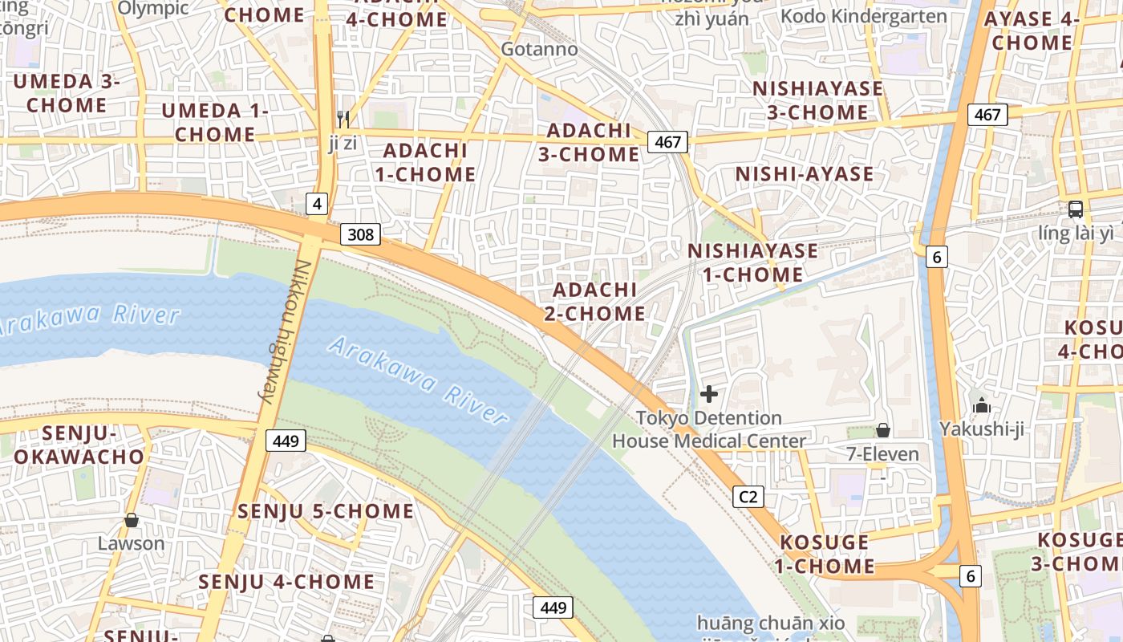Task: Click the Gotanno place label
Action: point(539,49)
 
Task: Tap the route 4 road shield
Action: point(317,204)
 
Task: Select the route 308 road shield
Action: point(360,234)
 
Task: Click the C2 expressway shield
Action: point(748,497)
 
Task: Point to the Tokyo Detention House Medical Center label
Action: point(709,429)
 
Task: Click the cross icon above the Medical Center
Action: point(709,394)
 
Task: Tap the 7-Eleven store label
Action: point(883,454)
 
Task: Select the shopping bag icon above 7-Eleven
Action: point(883,430)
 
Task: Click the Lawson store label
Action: point(131,543)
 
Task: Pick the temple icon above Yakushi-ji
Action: point(981,405)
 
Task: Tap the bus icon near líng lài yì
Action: point(1076,209)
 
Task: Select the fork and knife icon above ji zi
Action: point(343,120)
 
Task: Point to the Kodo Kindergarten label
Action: point(863,16)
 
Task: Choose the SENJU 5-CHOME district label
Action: point(326,511)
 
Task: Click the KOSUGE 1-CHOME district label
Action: point(825,554)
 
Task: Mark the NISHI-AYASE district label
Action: point(805,174)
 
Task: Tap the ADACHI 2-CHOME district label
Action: point(595,301)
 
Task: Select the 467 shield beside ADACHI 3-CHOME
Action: point(667,143)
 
